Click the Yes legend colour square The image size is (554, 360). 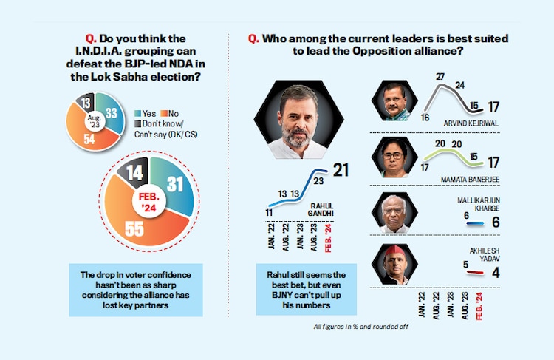point(138,113)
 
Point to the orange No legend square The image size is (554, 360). point(170,113)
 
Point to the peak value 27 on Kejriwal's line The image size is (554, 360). point(440,76)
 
